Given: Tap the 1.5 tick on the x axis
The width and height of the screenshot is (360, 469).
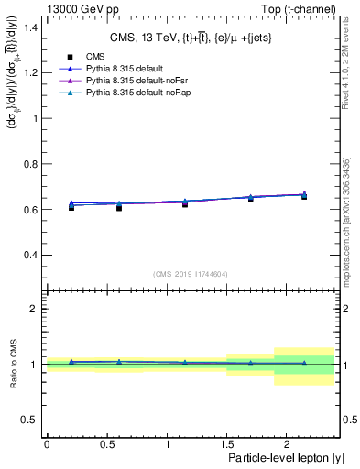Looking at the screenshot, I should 226,443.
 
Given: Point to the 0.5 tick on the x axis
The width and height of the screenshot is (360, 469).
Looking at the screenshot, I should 106,443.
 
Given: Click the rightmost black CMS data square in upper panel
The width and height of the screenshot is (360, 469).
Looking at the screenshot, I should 304,197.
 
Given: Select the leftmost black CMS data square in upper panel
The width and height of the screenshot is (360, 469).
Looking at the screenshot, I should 71,208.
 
